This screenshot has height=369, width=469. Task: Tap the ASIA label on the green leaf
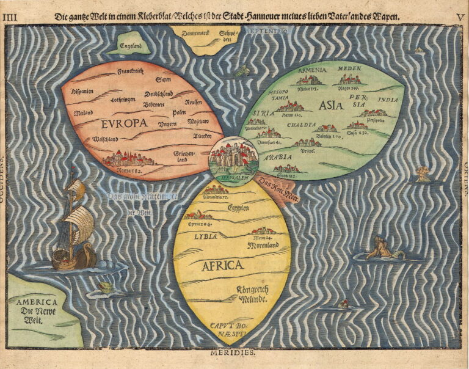tap(330, 105)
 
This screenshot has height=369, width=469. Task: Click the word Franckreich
tap(130, 71)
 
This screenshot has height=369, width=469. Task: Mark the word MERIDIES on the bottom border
tap(234, 353)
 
